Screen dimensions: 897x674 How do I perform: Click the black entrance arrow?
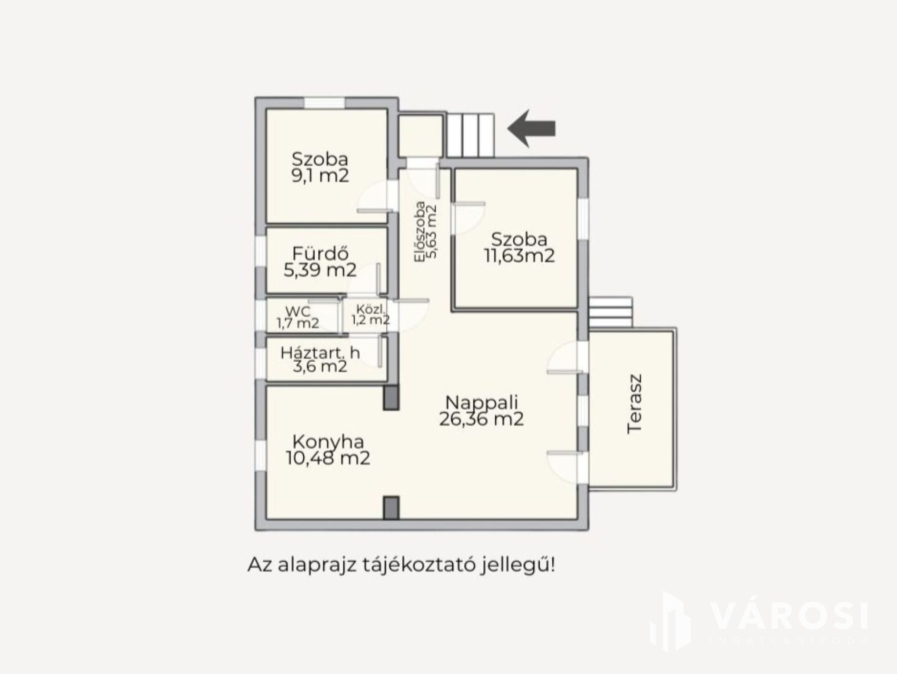click(x=532, y=128)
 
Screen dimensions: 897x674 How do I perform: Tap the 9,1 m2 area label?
click(x=320, y=175)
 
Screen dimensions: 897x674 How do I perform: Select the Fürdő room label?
click(x=321, y=253)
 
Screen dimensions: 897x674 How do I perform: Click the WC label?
click(x=298, y=311)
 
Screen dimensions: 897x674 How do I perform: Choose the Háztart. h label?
click(x=320, y=352)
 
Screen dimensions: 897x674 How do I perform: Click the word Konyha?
click(x=328, y=441)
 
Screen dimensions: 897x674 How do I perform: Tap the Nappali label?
click(x=482, y=402)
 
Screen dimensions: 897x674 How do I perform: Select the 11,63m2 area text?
click(x=519, y=256)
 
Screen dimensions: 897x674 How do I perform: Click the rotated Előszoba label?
click(x=420, y=232)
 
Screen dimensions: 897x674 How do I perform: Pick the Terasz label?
click(x=635, y=404)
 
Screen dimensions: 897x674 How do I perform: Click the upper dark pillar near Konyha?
click(x=391, y=397)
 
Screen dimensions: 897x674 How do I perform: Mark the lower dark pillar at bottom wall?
click(x=391, y=508)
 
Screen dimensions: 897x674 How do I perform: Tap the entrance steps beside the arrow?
click(x=471, y=135)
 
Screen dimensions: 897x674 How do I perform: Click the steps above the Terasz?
click(x=610, y=312)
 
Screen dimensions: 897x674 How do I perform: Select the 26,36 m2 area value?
click(x=482, y=419)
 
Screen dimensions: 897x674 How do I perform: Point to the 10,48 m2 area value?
click(x=328, y=458)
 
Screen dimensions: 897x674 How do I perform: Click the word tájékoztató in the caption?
click(x=420, y=566)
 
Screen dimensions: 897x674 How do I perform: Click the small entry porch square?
click(x=420, y=136)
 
